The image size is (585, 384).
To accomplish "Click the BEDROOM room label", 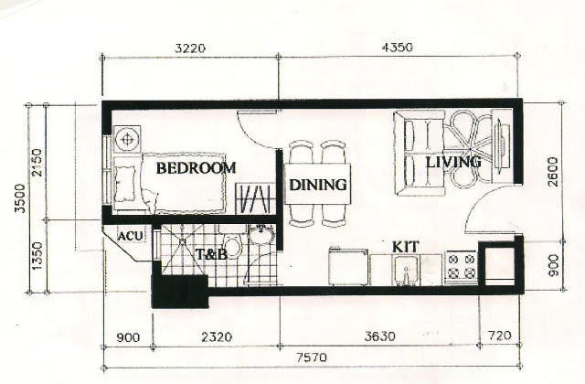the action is click(x=196, y=168).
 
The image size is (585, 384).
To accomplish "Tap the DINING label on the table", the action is click(x=318, y=185).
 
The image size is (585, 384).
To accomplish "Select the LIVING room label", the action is click(x=453, y=162).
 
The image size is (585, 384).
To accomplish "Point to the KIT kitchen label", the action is click(x=406, y=247).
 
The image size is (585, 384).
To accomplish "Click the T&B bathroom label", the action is click(x=211, y=254).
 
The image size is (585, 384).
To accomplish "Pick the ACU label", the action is click(x=130, y=236).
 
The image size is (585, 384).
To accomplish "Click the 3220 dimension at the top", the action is click(x=190, y=48).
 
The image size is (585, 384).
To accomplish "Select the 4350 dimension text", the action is click(x=397, y=48).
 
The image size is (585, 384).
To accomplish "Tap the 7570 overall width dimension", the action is click(x=312, y=357).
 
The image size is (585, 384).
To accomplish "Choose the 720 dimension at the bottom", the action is click(x=499, y=336).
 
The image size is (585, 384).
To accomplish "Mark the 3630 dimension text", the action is click(x=379, y=336).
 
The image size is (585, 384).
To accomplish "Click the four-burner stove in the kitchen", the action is click(x=462, y=266).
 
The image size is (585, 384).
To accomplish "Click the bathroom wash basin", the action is click(x=261, y=235).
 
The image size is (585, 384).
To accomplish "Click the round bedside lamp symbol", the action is click(x=127, y=139).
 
